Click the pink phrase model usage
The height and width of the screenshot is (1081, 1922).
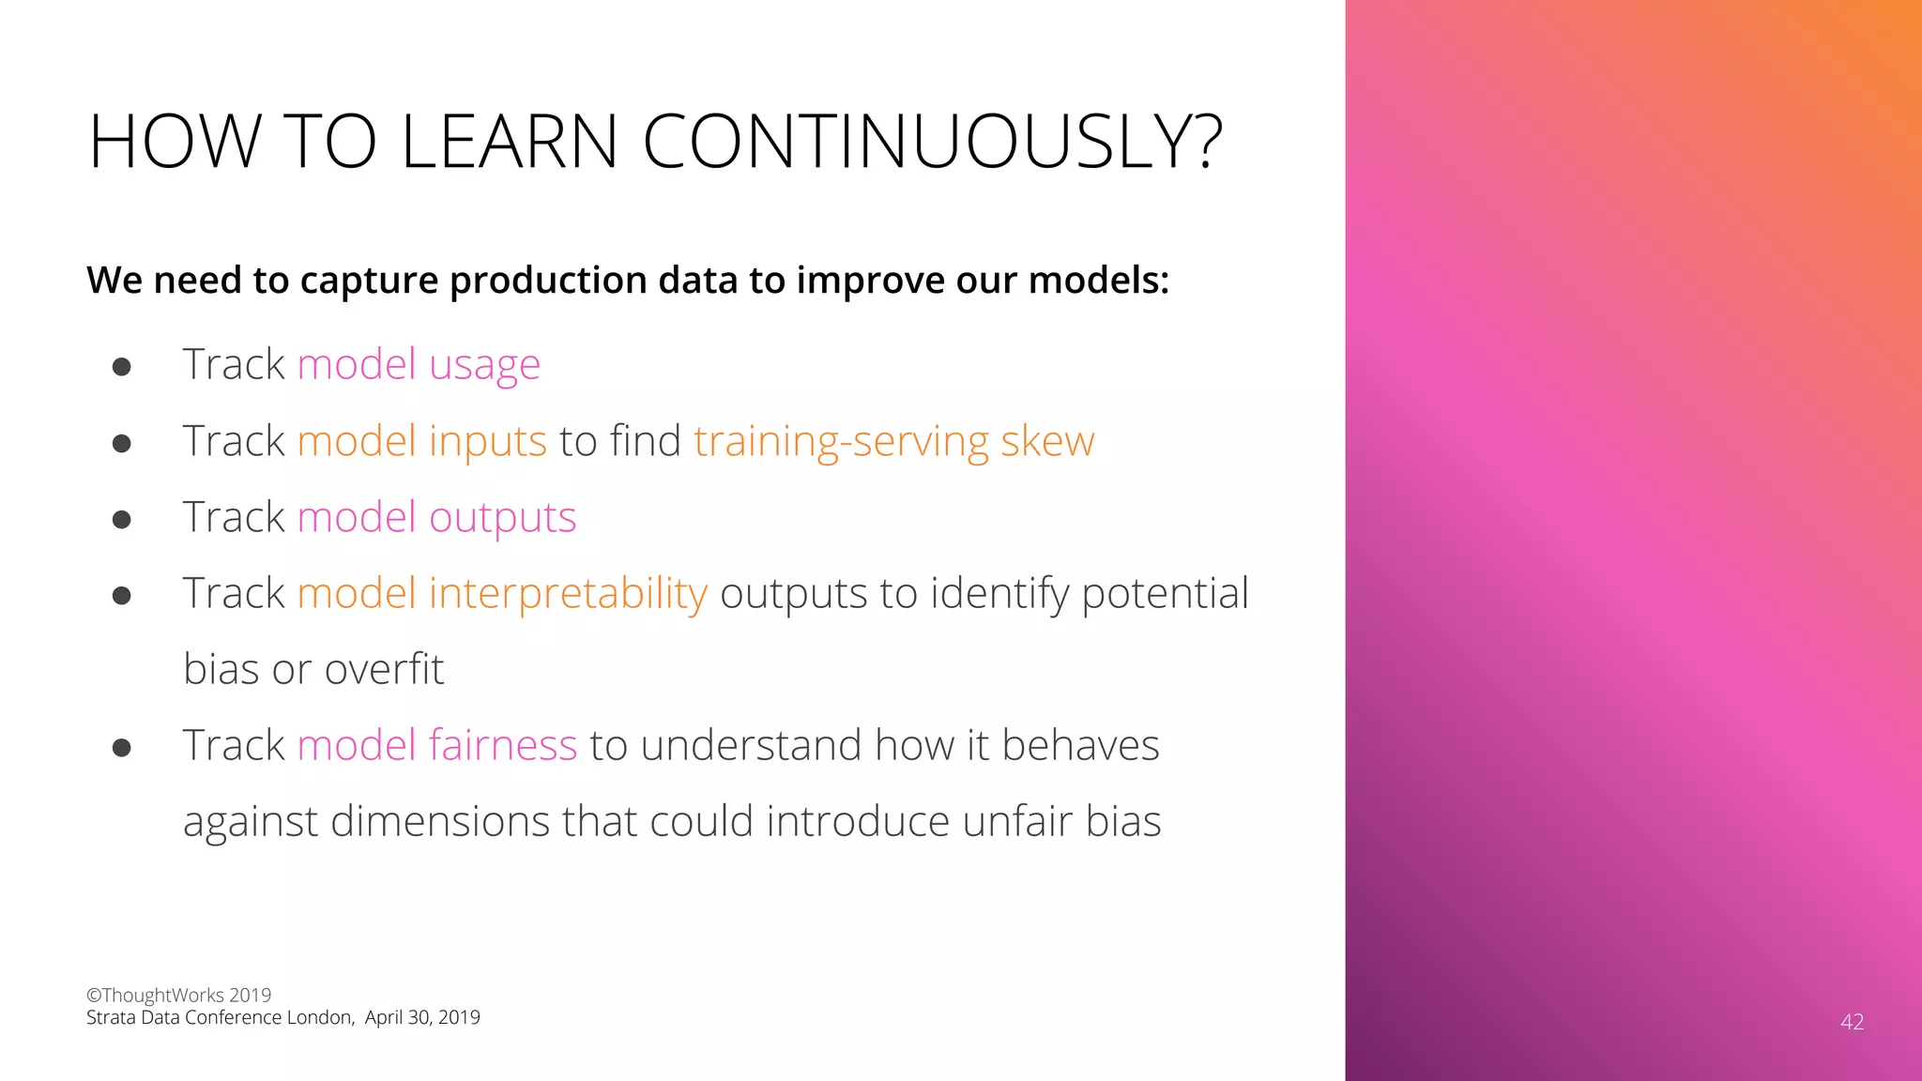click(419, 364)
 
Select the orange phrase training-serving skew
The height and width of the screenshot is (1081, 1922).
click(893, 441)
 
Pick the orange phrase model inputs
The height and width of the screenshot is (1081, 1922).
click(421, 441)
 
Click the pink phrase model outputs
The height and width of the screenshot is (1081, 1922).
click(436, 517)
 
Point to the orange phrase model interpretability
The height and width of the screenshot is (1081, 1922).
click(502, 593)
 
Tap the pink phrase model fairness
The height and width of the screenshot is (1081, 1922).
click(436, 745)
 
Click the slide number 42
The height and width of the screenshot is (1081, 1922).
click(1852, 1022)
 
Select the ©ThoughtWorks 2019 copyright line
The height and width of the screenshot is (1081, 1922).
click(178, 995)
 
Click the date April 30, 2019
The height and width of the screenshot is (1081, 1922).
click(422, 1018)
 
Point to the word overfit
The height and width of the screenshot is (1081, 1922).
click(385, 669)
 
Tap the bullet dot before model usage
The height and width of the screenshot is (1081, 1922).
click(121, 366)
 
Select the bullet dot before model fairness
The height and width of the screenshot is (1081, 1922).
click(121, 748)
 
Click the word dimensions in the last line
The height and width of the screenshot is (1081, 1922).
click(440, 821)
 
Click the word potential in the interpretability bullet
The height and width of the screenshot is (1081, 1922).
click(1165, 593)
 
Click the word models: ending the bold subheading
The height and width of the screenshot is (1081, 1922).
click(1098, 281)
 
